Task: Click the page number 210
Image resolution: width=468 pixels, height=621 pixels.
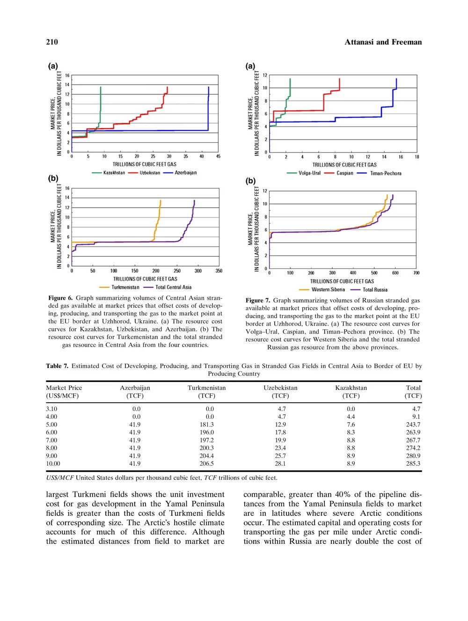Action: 52,42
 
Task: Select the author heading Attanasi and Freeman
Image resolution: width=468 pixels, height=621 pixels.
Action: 383,42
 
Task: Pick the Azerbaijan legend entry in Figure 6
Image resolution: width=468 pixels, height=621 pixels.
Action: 185,173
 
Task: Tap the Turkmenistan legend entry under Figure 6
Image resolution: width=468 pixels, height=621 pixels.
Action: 125,287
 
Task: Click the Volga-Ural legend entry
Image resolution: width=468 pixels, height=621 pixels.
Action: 309,173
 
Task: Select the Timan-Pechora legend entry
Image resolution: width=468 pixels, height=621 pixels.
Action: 386,173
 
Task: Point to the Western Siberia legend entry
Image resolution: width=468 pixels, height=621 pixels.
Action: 328,289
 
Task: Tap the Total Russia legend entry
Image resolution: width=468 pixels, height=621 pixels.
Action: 375,289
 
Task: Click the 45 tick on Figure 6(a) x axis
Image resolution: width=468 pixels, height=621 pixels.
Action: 218,156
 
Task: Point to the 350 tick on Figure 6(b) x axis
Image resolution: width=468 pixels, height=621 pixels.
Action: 219,271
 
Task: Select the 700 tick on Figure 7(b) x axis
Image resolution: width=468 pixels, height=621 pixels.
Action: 416,273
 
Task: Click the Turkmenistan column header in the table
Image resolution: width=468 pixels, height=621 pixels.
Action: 206,388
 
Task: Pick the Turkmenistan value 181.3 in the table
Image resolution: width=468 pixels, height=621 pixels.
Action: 206,425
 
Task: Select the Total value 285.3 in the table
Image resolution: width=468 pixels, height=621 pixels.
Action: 413,464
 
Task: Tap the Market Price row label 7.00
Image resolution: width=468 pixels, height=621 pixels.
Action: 51,440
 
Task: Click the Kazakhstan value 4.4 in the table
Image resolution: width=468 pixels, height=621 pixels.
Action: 351,417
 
